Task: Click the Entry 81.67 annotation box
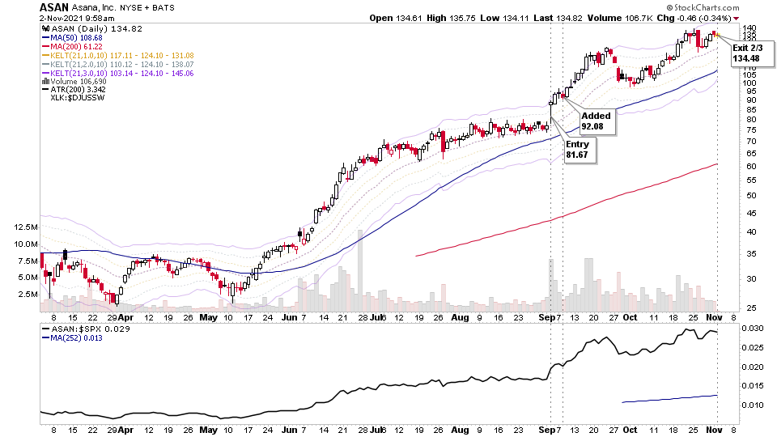(581, 149)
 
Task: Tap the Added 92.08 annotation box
(597, 121)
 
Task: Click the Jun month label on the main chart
(287, 318)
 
